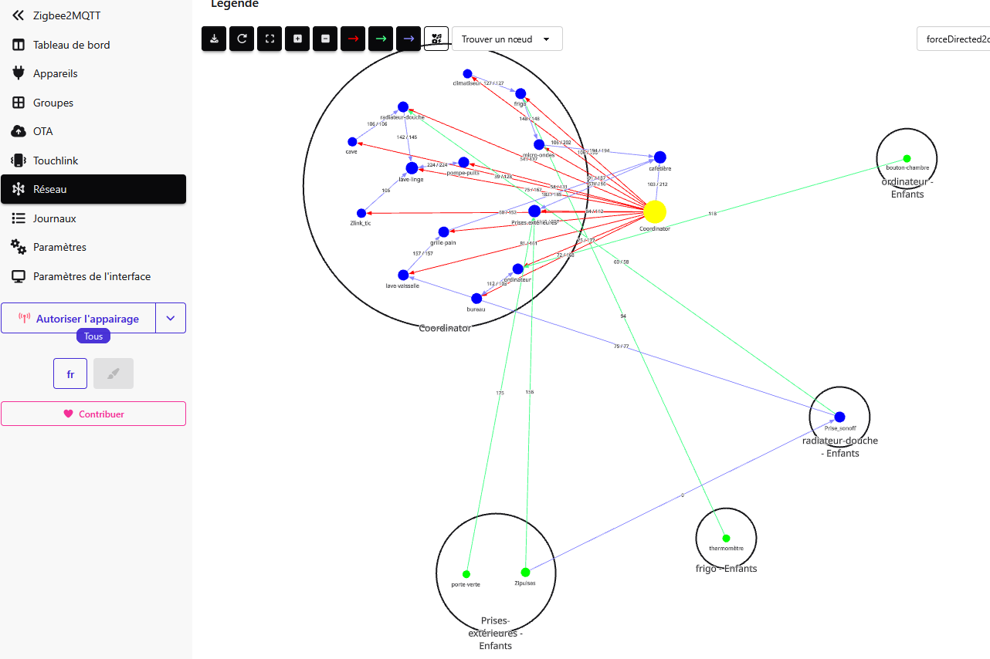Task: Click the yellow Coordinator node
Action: click(655, 211)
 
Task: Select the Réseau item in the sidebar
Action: click(93, 189)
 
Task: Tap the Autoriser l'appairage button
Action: click(79, 318)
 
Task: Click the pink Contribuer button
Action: click(93, 414)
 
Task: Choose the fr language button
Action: click(70, 373)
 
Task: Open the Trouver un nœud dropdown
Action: click(507, 39)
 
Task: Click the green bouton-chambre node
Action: click(907, 158)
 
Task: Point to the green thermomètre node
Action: click(726, 538)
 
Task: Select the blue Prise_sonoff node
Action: click(839, 417)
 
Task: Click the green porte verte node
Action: click(466, 574)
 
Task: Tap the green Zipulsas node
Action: click(525, 573)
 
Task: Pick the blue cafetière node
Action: click(659, 157)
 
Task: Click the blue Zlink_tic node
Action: click(361, 213)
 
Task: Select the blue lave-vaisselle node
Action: click(403, 275)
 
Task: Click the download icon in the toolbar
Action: click(214, 39)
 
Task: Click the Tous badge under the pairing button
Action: click(93, 336)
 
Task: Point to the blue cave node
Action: click(352, 141)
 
